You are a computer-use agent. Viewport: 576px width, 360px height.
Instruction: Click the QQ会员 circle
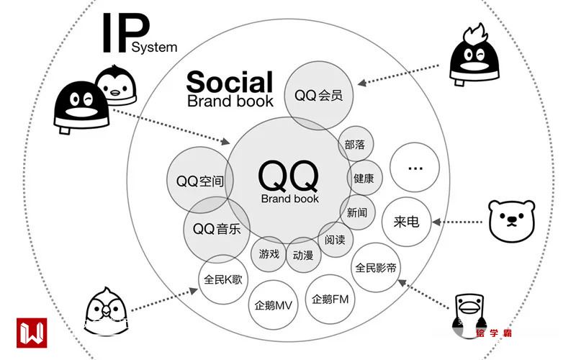pyautogui.click(x=318, y=96)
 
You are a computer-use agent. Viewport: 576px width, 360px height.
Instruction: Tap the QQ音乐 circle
pyautogui.click(x=216, y=229)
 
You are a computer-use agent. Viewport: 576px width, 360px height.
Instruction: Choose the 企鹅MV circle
pyautogui.click(x=272, y=305)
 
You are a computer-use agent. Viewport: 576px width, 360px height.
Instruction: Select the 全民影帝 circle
pyautogui.click(x=377, y=268)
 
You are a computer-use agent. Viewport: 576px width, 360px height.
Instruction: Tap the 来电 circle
pyautogui.click(x=407, y=222)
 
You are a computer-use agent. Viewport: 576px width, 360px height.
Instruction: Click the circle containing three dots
pyautogui.click(x=414, y=168)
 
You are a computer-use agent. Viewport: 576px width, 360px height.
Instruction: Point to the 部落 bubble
pyautogui.click(x=355, y=145)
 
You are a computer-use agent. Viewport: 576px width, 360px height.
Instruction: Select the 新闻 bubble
pyautogui.click(x=357, y=212)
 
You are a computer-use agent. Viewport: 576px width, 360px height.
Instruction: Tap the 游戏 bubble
pyautogui.click(x=269, y=253)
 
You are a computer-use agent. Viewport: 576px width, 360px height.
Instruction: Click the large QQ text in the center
pyautogui.click(x=288, y=175)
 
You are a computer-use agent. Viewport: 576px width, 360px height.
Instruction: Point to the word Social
pyautogui.click(x=230, y=81)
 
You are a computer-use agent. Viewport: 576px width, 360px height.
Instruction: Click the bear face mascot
pyautogui.click(x=513, y=220)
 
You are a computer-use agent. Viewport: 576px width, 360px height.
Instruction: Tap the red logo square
pyautogui.click(x=32, y=333)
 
